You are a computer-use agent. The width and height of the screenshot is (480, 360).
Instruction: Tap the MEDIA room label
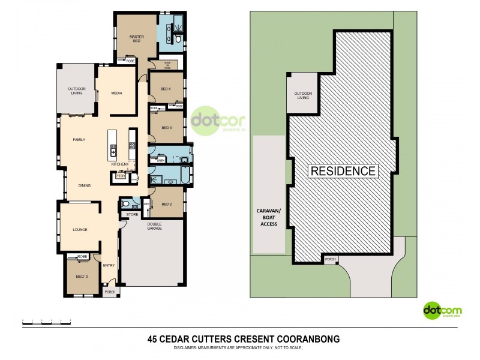pyautogui.click(x=117, y=94)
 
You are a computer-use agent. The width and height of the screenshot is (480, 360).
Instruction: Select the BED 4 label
pyautogui.click(x=166, y=89)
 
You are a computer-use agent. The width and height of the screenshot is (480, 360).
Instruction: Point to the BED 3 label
pyautogui.click(x=166, y=128)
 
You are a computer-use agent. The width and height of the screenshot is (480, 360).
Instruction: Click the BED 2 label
pyautogui.click(x=167, y=205)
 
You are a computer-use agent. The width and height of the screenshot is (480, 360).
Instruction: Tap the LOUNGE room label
pyautogui.click(x=80, y=229)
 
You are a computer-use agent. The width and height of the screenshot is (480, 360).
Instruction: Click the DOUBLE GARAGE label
pyautogui.click(x=155, y=226)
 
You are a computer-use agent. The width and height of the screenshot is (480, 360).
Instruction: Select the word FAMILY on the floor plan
pyautogui.click(x=79, y=139)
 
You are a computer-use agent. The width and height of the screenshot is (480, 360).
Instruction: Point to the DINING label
pyautogui.click(x=84, y=185)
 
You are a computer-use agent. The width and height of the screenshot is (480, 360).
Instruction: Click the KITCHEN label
pyautogui.click(x=119, y=163)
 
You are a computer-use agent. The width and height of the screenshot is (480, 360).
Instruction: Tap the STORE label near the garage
pyautogui.click(x=133, y=214)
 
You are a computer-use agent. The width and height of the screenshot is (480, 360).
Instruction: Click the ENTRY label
pyautogui.click(x=109, y=265)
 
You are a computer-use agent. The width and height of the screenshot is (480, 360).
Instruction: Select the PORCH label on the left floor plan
pyautogui.click(x=110, y=292)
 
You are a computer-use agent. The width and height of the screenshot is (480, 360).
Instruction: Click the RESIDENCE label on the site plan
pyautogui.click(x=343, y=171)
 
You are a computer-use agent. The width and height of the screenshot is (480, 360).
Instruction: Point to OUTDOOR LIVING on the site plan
pyautogui.click(x=302, y=95)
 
